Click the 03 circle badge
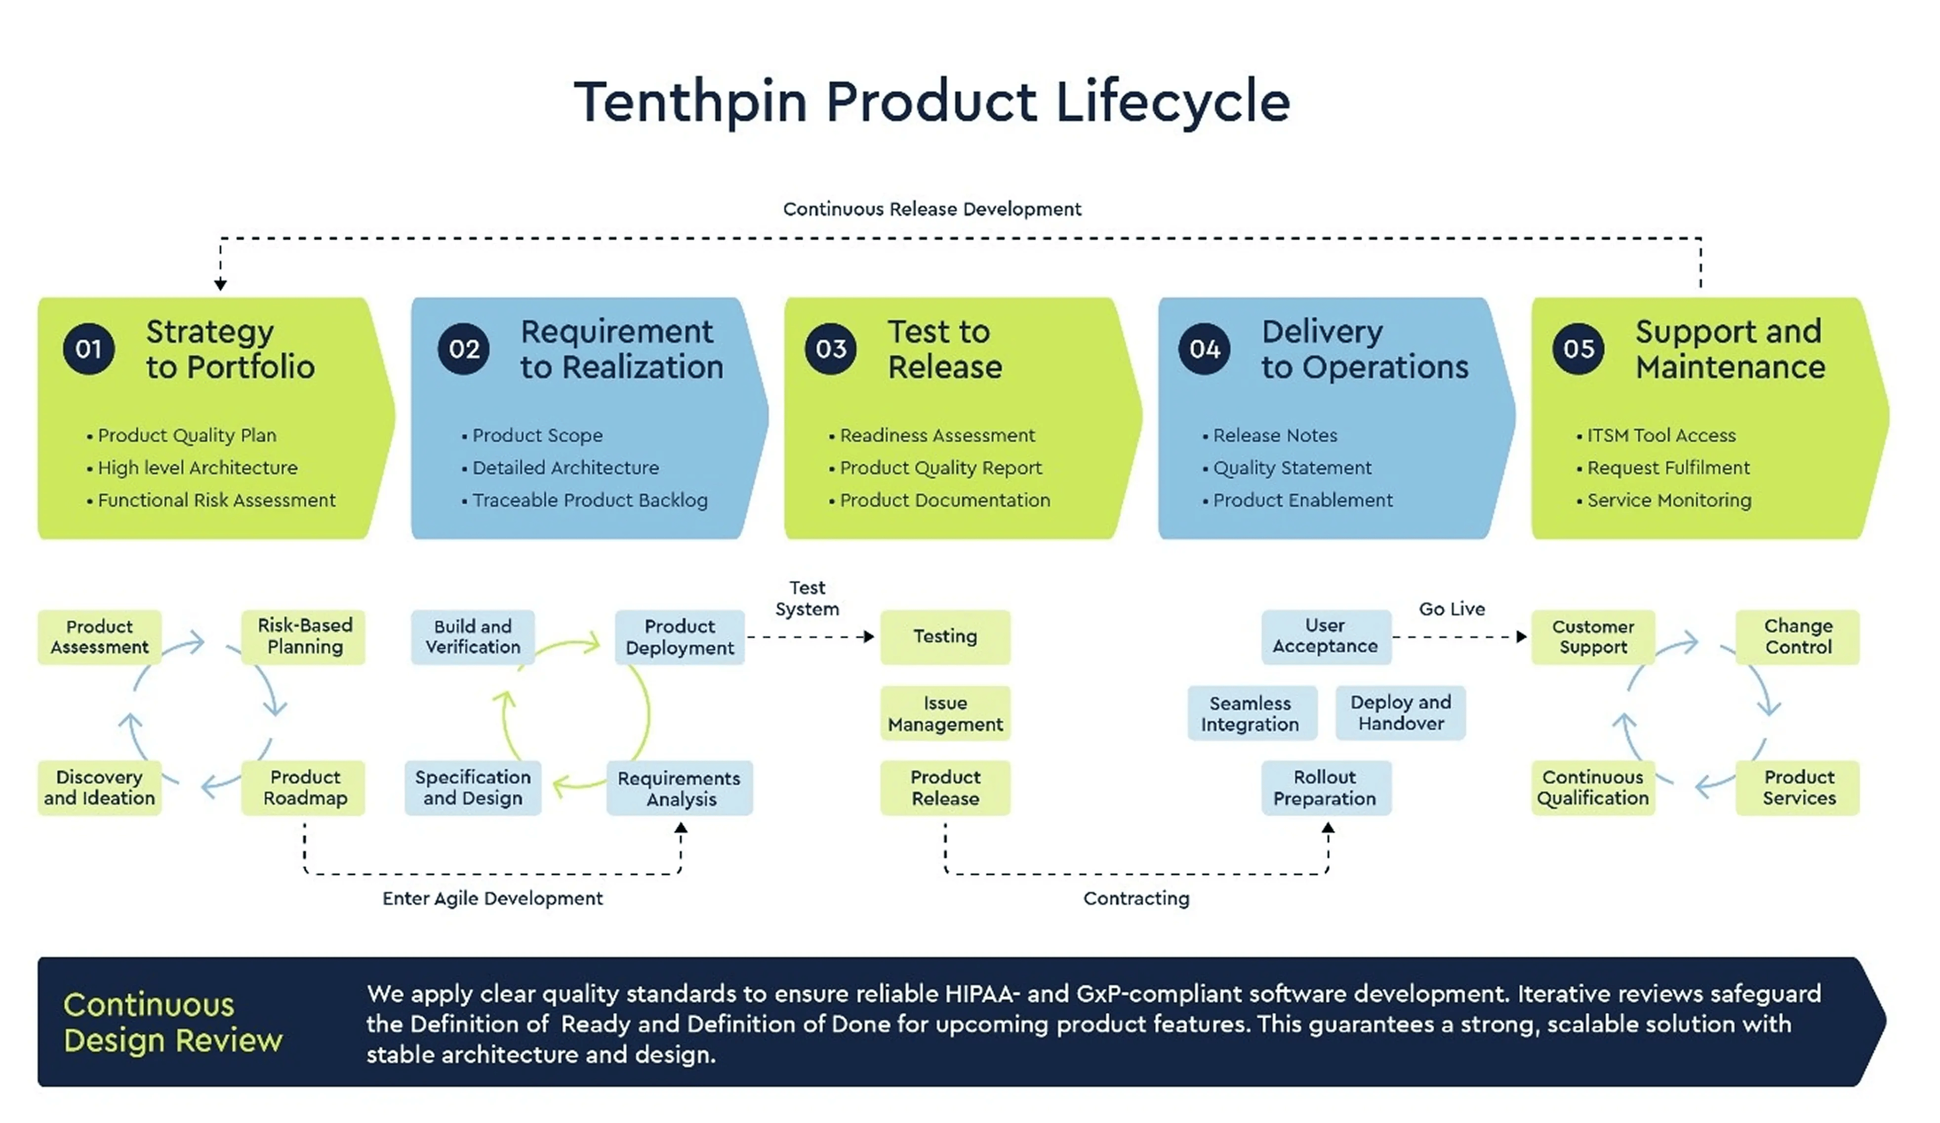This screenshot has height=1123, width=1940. [x=831, y=349]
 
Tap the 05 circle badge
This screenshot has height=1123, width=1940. [x=1578, y=349]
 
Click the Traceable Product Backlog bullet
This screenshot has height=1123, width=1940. [x=589, y=500]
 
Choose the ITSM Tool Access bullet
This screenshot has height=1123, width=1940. [x=1660, y=435]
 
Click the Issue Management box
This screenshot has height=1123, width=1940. [x=945, y=713]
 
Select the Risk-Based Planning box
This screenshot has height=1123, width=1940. [x=304, y=636]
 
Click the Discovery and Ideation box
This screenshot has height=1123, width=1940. [x=99, y=787]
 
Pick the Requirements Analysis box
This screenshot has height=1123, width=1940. [x=679, y=788]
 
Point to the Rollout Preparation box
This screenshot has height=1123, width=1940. [x=1325, y=787]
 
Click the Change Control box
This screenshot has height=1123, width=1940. [x=1798, y=636]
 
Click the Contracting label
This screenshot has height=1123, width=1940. [x=1136, y=898]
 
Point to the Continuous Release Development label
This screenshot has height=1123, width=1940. [x=931, y=208]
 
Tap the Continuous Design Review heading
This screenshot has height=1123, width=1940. [x=172, y=1022]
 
